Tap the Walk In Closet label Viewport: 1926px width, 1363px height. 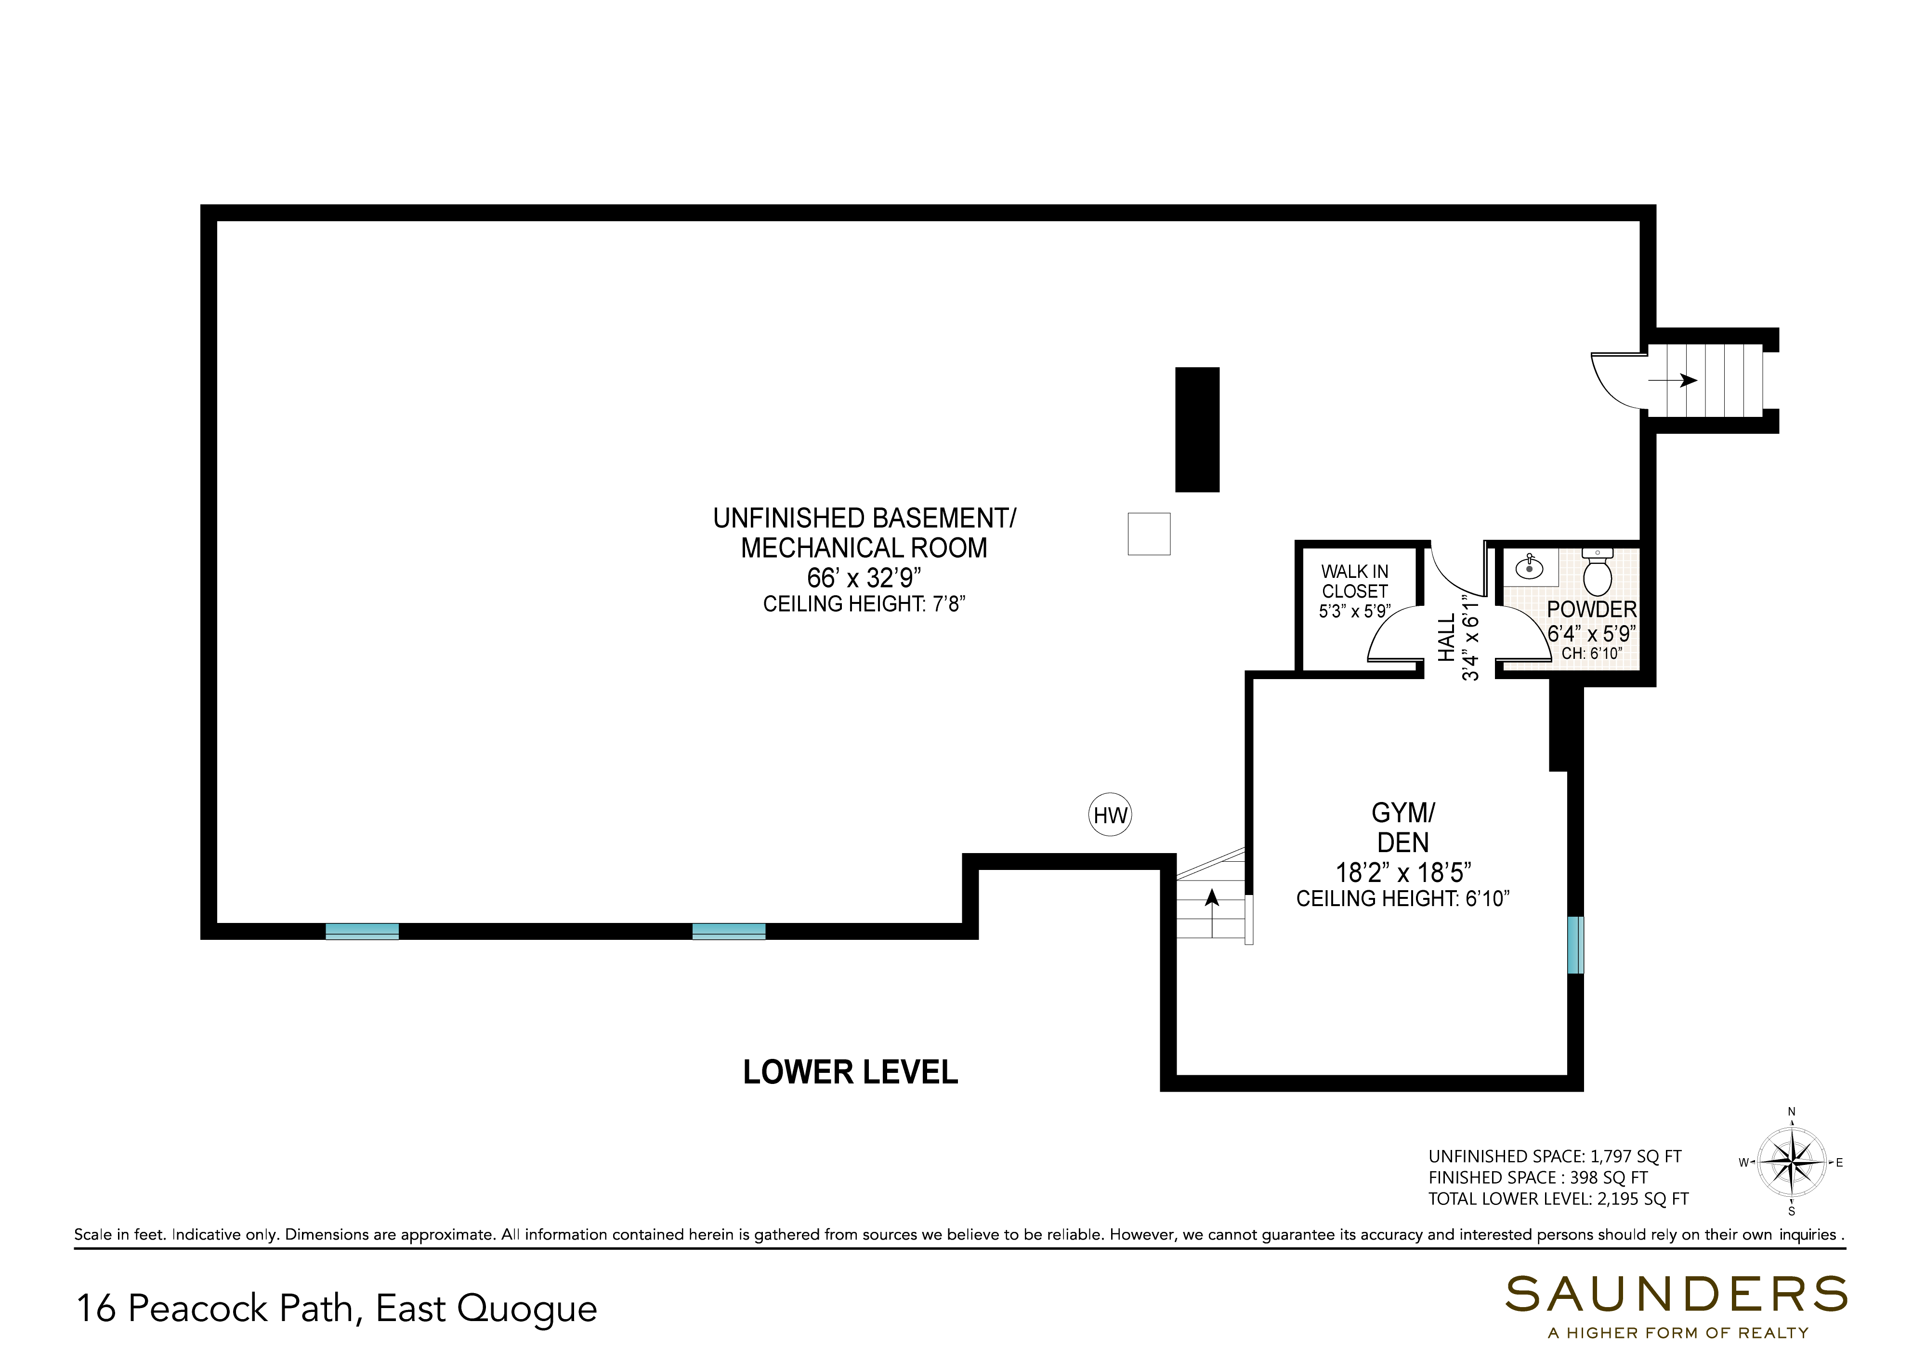pos(1355,581)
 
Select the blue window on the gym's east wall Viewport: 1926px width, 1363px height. pos(1575,945)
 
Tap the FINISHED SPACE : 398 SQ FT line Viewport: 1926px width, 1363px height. pos(1538,1177)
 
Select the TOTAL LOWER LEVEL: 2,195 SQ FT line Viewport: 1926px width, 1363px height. pos(1559,1199)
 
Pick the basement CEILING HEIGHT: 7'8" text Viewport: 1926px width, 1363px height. pos(864,604)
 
